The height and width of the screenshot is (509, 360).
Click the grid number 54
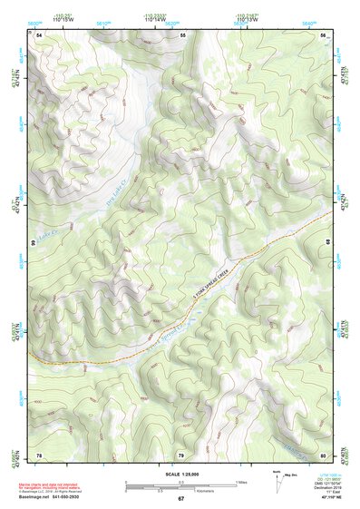(40, 34)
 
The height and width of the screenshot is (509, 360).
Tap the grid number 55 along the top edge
(182, 34)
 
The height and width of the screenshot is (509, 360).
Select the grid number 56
(324, 34)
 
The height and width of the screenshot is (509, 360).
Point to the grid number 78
(39, 455)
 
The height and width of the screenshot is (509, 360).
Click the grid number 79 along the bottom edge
(181, 455)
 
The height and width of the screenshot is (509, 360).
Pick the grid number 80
(324, 455)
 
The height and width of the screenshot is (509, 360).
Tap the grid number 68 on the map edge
(328, 243)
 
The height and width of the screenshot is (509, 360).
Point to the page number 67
(180, 499)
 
